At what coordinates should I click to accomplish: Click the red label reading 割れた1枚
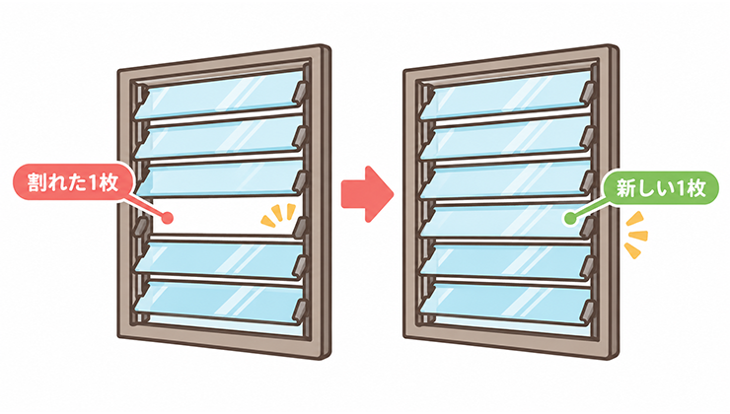(x=73, y=182)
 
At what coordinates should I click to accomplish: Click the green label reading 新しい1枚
(x=661, y=188)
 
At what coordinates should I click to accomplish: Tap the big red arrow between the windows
(x=367, y=193)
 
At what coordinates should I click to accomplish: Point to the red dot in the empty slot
(x=168, y=217)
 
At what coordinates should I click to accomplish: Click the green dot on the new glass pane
(x=569, y=218)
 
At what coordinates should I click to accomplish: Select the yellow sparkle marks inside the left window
(x=278, y=215)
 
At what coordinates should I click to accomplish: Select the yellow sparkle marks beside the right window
(x=635, y=235)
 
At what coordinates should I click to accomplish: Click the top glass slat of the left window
(x=220, y=96)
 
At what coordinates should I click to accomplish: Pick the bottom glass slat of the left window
(x=220, y=303)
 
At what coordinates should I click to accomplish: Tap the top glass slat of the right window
(x=506, y=96)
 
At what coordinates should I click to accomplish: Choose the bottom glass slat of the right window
(x=506, y=303)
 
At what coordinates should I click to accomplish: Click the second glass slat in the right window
(x=506, y=138)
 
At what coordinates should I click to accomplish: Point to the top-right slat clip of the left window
(x=301, y=91)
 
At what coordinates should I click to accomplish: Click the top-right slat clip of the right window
(x=588, y=91)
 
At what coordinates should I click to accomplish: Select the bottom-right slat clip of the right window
(x=589, y=311)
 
